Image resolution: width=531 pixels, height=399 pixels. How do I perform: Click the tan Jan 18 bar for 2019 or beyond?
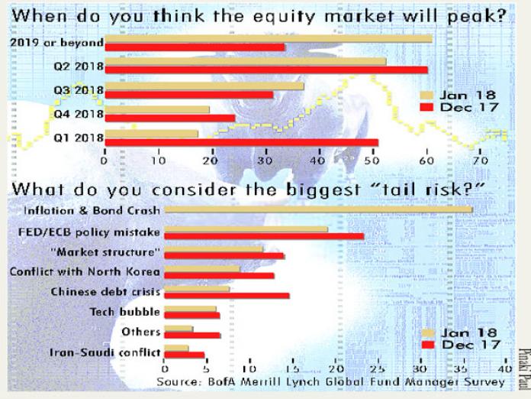click(x=269, y=39)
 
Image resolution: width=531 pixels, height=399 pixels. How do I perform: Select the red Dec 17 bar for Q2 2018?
click(x=266, y=70)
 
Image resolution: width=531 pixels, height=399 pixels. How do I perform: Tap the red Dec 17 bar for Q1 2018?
click(x=242, y=142)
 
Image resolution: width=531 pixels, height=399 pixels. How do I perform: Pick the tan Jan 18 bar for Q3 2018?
click(x=204, y=86)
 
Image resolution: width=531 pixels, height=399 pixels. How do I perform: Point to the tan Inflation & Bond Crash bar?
click(x=319, y=209)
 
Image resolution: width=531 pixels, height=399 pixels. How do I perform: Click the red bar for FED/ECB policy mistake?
click(x=265, y=236)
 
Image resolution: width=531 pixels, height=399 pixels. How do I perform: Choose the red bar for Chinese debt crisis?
click(x=227, y=296)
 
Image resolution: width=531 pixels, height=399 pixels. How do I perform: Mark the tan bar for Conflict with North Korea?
click(x=202, y=269)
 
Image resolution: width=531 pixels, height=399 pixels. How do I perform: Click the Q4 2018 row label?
click(x=79, y=114)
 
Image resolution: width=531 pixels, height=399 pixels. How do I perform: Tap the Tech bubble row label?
click(x=124, y=312)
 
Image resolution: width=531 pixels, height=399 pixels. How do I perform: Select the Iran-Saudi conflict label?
click(x=105, y=352)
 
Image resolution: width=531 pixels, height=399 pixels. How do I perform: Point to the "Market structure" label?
click(x=105, y=252)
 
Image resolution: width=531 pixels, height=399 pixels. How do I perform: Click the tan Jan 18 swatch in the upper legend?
click(x=426, y=96)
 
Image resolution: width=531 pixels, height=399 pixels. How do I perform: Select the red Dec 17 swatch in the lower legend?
click(x=429, y=345)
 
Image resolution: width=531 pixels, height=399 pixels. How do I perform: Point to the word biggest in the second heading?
click(x=323, y=189)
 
